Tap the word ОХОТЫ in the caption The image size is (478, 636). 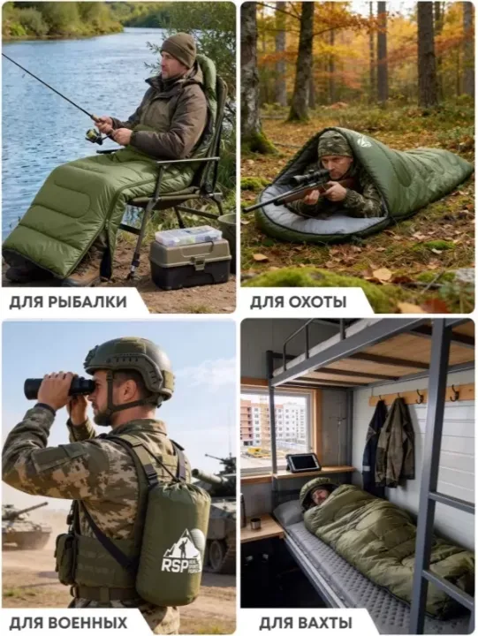click(x=317, y=302)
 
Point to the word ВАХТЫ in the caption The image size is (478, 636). click(x=326, y=623)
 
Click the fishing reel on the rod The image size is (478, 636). click(x=95, y=136)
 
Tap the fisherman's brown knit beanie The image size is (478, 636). click(x=179, y=49)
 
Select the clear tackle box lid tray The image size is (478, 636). click(x=189, y=236)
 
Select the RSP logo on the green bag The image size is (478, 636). click(x=181, y=553)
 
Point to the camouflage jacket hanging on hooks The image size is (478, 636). click(x=395, y=443)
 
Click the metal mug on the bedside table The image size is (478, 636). click(x=255, y=524)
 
